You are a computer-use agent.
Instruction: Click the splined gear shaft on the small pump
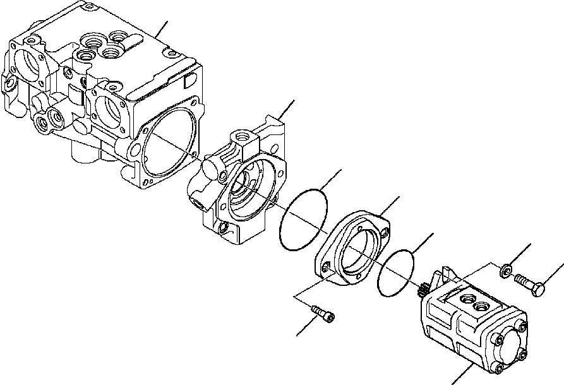(x=422, y=292)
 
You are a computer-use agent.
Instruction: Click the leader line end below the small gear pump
(x=453, y=382)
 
